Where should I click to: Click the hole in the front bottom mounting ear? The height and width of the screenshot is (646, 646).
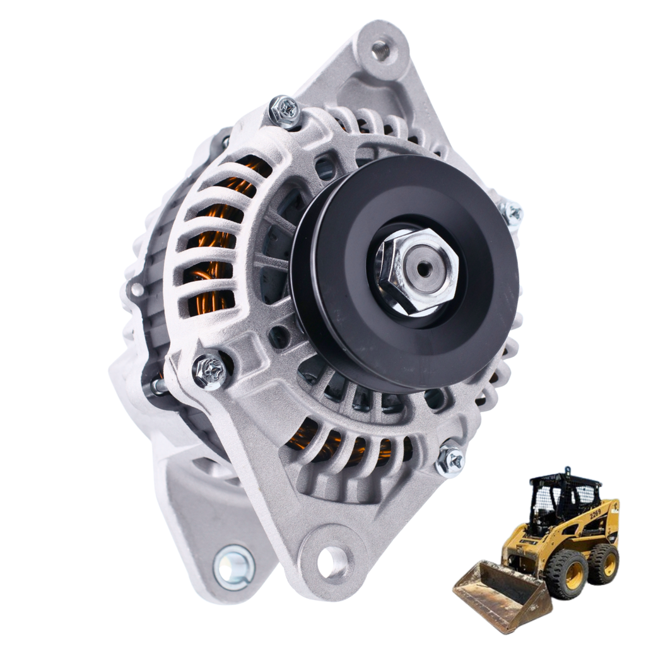click(x=332, y=561)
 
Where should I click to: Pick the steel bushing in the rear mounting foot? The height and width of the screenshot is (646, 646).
click(x=233, y=567)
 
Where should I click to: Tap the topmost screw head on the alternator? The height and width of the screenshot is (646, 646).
click(x=285, y=112)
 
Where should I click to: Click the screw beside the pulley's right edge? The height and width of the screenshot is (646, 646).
click(x=512, y=213)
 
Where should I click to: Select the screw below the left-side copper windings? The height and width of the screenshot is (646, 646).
click(x=210, y=371)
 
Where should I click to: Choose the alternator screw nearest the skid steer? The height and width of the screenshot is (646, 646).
click(x=451, y=461)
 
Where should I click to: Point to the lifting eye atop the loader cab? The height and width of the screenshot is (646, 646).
click(x=568, y=471)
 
